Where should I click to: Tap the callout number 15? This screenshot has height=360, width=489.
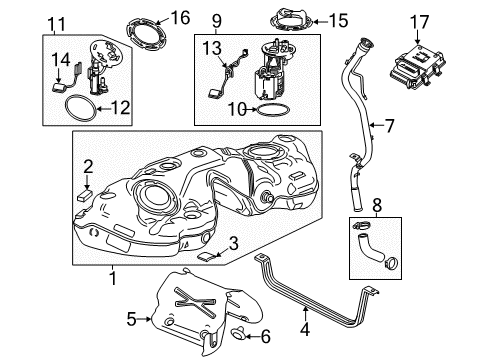coord(311,19)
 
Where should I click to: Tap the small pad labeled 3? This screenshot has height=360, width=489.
coord(206,255)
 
